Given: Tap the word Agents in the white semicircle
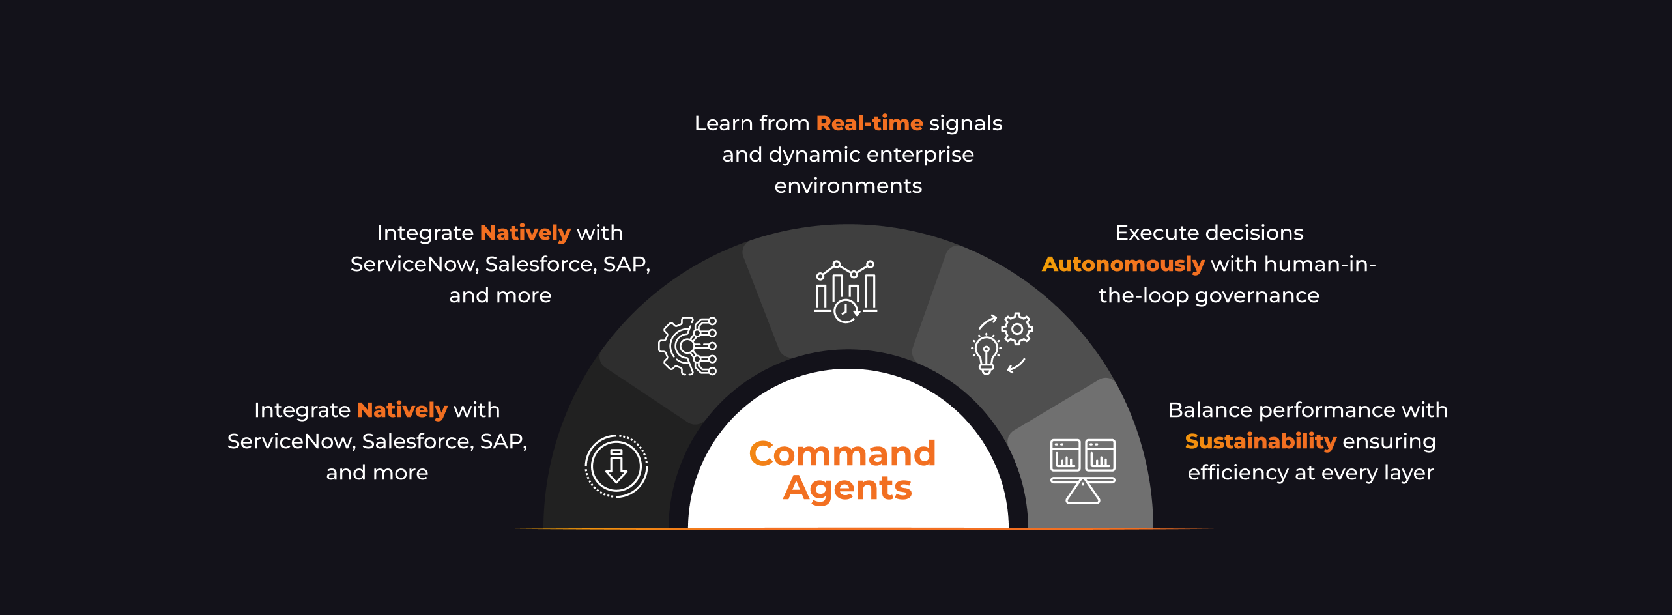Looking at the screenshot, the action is tap(847, 489).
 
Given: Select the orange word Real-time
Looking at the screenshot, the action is tap(869, 123).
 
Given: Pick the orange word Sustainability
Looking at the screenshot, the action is tap(1260, 441).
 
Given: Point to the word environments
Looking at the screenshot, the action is tap(848, 186).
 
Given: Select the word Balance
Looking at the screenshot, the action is tap(1209, 410).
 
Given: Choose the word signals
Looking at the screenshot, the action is tap(965, 123).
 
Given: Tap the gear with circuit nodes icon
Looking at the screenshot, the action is tap(687, 346).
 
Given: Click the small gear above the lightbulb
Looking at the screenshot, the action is tap(1016, 329).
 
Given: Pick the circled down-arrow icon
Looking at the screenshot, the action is tap(616, 466).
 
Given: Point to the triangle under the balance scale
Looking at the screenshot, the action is tap(1082, 493).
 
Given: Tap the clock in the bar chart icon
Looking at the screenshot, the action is tap(846, 311).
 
